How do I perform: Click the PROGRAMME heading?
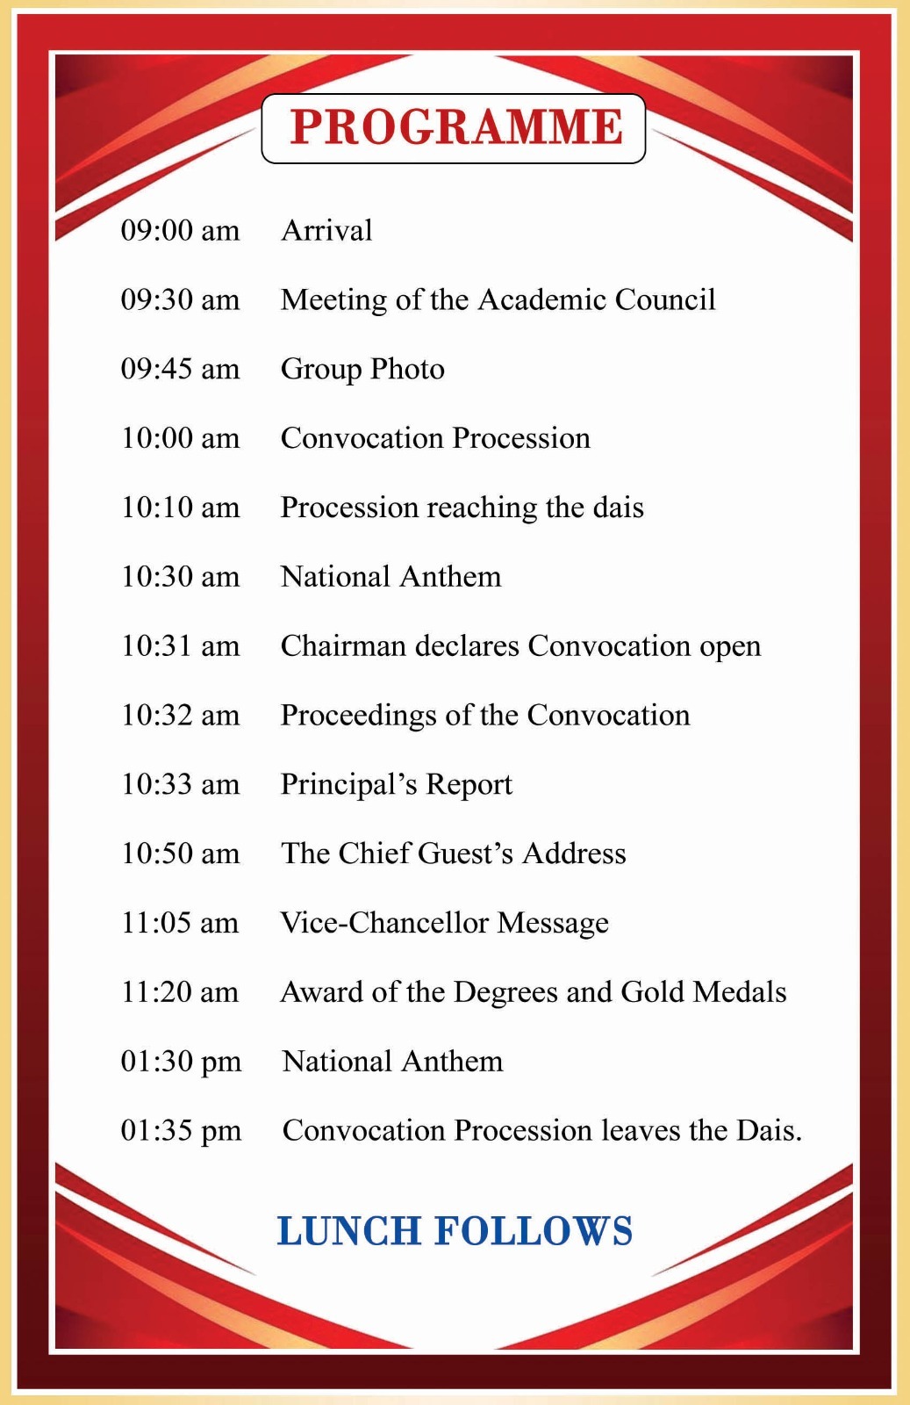pos(455,127)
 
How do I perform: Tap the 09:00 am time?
pos(180,230)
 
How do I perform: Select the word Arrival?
pos(326,230)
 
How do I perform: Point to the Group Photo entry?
pos(362,369)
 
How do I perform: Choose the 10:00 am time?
pos(180,438)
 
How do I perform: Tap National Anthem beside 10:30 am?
pos(391,577)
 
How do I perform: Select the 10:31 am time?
pos(180,646)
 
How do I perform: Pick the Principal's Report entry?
pos(396,785)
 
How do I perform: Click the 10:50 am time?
pos(180,854)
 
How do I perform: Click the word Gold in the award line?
pos(652,992)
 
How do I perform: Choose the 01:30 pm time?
pos(181,1062)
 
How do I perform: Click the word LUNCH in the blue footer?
pos(349,1231)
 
